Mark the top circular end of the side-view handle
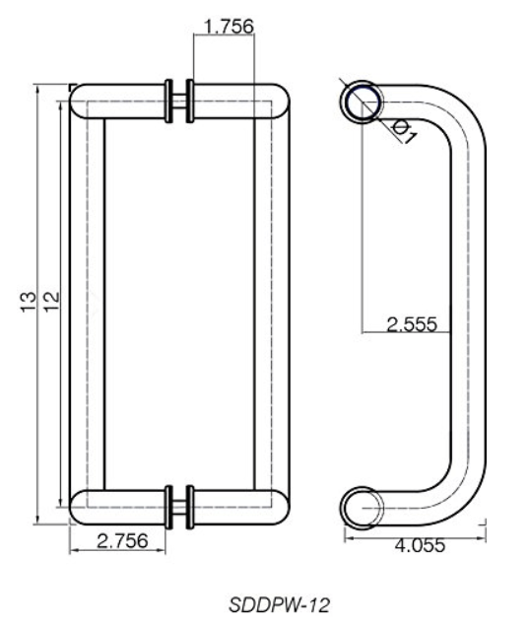pyautogui.click(x=362, y=101)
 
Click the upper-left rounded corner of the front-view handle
pyautogui.click(x=83, y=100)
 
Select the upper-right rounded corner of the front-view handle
pyautogui.click(x=277, y=100)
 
